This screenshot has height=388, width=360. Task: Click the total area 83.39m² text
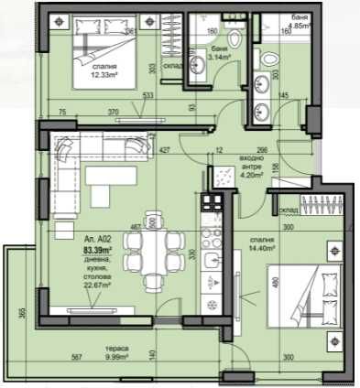98,249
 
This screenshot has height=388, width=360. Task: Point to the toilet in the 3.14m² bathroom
233,38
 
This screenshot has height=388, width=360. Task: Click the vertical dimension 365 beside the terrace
19,315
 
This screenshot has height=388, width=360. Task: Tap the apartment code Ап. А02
96,237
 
